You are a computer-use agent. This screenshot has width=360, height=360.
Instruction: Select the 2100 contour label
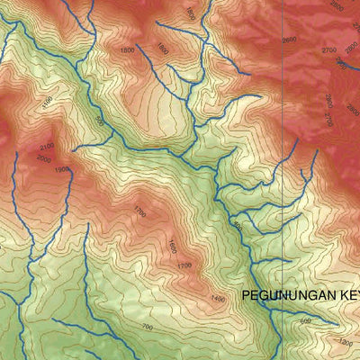click(48, 146)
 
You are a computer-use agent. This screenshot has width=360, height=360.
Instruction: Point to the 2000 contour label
click(44, 158)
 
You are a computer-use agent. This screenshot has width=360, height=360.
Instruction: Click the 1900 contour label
click(61, 169)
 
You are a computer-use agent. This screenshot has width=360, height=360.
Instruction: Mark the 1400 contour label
click(217, 298)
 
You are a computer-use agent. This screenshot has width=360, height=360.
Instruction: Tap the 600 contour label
click(305, 320)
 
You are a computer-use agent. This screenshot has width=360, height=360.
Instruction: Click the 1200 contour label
click(346, 342)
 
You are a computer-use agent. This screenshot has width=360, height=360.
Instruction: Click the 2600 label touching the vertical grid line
click(288, 40)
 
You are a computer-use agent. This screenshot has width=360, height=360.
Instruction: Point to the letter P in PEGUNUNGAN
click(246, 296)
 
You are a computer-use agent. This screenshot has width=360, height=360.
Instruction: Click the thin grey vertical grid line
click(283, 180)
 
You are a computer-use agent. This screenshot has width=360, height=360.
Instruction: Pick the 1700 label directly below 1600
click(184, 265)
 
